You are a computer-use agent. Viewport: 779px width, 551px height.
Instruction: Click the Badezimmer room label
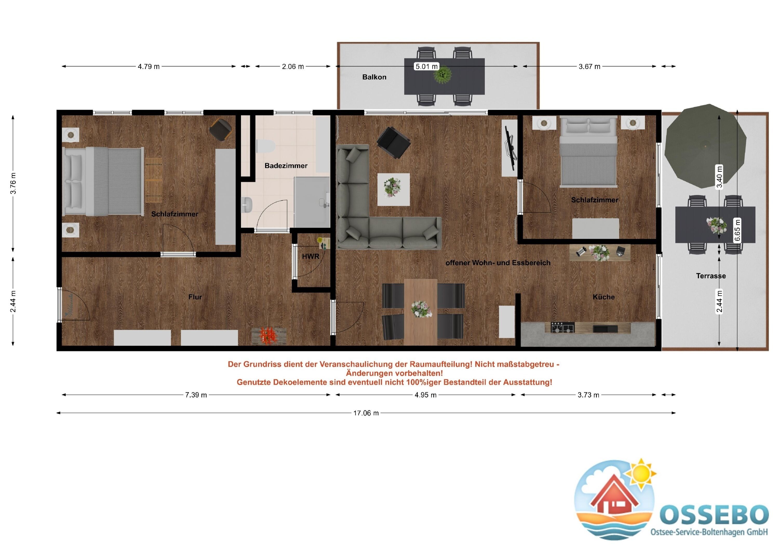pyautogui.click(x=286, y=166)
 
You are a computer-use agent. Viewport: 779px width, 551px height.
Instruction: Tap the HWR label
pyautogui.click(x=311, y=257)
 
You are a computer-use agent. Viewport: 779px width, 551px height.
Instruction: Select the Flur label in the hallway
pyautogui.click(x=195, y=297)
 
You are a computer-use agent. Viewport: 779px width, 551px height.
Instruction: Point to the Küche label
pyautogui.click(x=603, y=297)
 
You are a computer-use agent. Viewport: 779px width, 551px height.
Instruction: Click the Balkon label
pyautogui.click(x=374, y=77)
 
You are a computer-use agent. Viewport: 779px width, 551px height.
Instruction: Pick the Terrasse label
pyautogui.click(x=711, y=276)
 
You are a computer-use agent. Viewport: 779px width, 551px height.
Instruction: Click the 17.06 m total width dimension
pyautogui.click(x=366, y=413)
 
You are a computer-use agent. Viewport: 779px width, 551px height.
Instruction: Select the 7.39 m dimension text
pyautogui.click(x=196, y=395)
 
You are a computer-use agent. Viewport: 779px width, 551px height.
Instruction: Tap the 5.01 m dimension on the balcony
pyautogui.click(x=427, y=67)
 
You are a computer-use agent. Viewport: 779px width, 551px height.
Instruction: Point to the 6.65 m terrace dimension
pyautogui.click(x=737, y=230)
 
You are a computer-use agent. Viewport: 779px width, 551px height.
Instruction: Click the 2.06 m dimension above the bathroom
pyautogui.click(x=293, y=67)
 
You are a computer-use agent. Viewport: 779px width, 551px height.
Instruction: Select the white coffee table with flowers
pyautogui.click(x=394, y=189)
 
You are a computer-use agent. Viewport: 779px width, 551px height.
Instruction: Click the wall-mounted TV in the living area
pyautogui.click(x=510, y=148)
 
